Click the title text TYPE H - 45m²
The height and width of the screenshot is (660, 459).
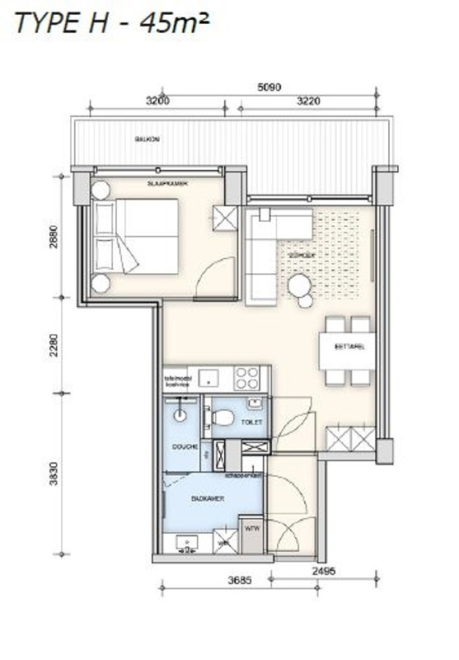pyautogui.click(x=111, y=24)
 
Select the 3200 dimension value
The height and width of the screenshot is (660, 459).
pyautogui.click(x=157, y=101)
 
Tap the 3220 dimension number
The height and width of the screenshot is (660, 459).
pyautogui.click(x=304, y=101)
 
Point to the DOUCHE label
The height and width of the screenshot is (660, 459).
pyautogui.click(x=181, y=445)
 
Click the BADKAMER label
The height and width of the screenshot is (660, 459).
pyautogui.click(x=202, y=499)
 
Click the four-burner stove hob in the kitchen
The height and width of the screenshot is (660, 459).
pyautogui.click(x=248, y=378)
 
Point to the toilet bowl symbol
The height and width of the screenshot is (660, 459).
pyautogui.click(x=220, y=417)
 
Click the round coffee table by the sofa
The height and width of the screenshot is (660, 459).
pyautogui.click(x=299, y=285)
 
